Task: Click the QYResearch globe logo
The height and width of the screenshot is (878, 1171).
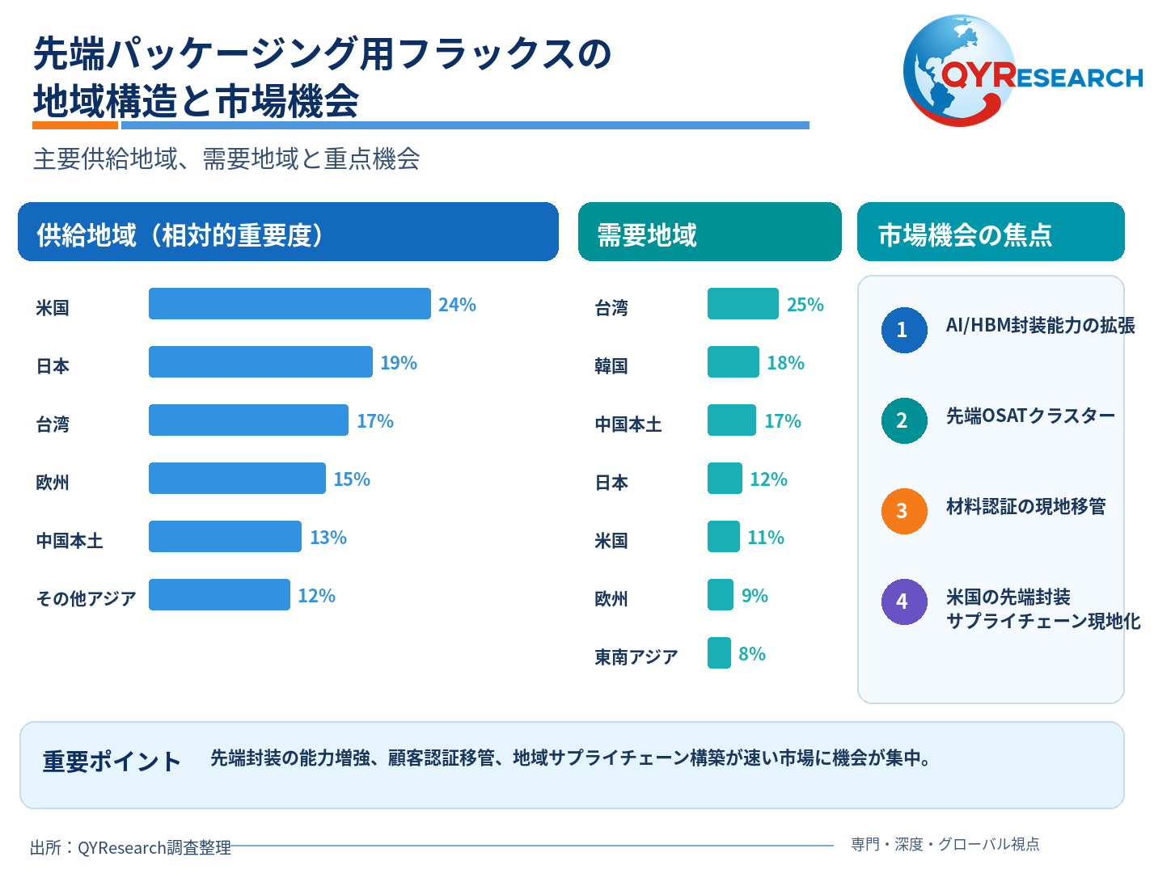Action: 1023,71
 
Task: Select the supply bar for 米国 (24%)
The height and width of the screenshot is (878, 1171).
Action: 290,303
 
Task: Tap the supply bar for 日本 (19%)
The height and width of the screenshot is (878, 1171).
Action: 261,361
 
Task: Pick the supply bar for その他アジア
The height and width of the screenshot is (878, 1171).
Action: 219,594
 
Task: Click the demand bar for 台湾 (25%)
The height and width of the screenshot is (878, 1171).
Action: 743,303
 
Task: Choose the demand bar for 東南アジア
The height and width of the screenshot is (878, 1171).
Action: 719,652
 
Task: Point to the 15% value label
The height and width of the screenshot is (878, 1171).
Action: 352,479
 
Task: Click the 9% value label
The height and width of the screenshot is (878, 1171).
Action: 755,595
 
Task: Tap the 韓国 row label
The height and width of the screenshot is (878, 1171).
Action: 611,365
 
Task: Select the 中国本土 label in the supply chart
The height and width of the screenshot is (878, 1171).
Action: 70,540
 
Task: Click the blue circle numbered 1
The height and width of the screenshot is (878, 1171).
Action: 904,330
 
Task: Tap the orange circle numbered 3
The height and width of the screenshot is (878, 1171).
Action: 904,511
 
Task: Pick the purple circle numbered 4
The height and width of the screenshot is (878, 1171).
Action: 904,602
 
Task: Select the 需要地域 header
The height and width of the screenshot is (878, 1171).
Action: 647,234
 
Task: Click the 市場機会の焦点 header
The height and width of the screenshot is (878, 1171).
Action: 965,234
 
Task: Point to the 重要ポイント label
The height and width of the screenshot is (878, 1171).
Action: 112,761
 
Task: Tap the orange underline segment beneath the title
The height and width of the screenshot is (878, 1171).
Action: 75,125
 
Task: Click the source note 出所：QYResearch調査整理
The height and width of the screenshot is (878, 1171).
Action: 131,847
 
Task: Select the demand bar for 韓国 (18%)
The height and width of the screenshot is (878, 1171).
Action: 733,361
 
